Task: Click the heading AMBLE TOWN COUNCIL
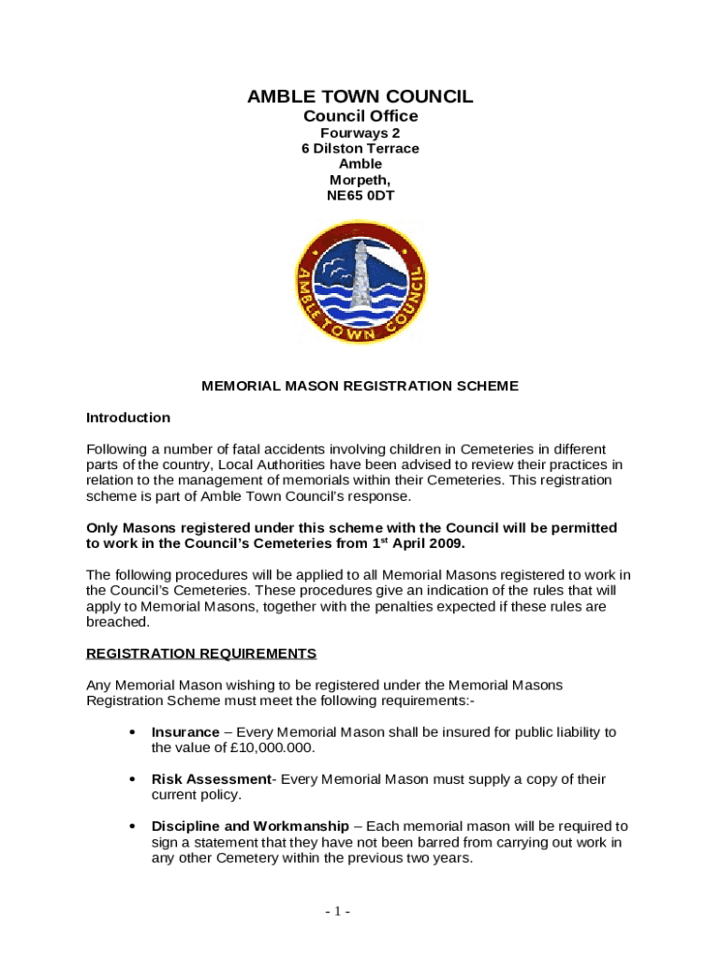pyautogui.click(x=360, y=96)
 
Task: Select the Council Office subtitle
pyautogui.click(x=360, y=116)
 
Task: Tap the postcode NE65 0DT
pyautogui.click(x=360, y=196)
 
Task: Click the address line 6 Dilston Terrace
pyautogui.click(x=360, y=148)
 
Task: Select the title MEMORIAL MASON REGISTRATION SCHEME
pyautogui.click(x=360, y=386)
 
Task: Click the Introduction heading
pyautogui.click(x=128, y=418)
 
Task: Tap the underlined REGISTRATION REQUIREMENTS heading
pyautogui.click(x=201, y=653)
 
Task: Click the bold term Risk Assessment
pyautogui.click(x=211, y=779)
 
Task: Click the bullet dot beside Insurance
pyautogui.click(x=132, y=731)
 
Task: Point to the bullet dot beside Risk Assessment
pyautogui.click(x=132, y=779)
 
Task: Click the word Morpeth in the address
pyautogui.click(x=359, y=180)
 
